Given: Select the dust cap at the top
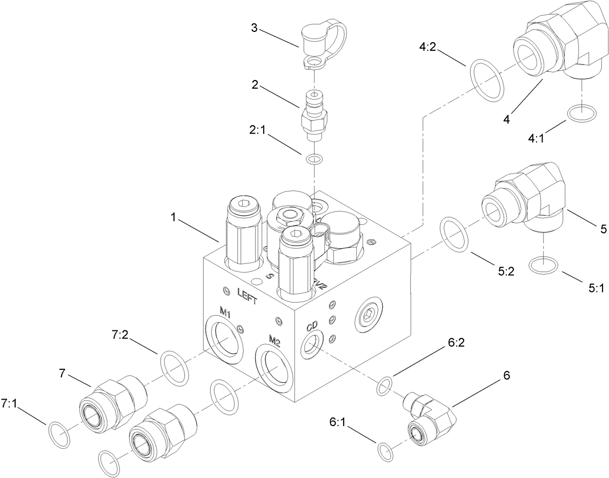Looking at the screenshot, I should (319, 43).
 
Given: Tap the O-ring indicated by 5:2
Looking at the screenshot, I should (456, 234).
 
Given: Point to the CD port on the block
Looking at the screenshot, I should (310, 344).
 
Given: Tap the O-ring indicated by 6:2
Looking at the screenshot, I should (383, 386).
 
